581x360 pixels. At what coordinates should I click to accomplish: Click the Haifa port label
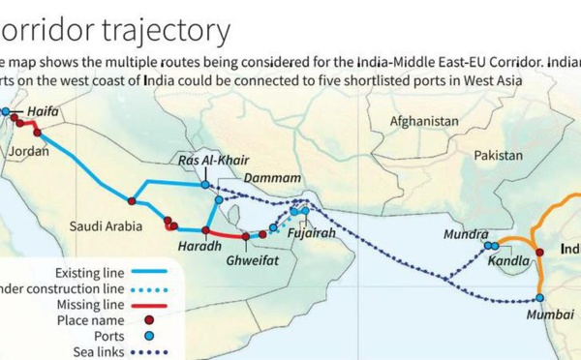click(43, 112)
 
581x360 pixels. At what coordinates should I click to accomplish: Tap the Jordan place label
click(27, 152)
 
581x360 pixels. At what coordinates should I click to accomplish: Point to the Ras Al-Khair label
click(204, 160)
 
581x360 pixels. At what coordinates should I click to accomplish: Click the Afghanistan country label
click(423, 122)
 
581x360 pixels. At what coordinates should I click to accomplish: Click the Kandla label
click(509, 260)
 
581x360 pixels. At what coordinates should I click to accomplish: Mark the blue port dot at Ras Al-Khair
click(205, 184)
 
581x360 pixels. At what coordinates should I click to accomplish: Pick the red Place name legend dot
click(150, 319)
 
